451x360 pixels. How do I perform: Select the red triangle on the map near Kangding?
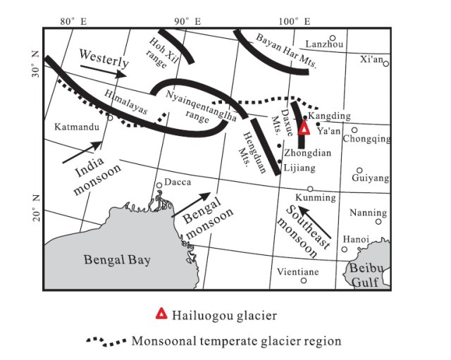tap(304, 128)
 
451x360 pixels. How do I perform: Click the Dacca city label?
tap(178, 182)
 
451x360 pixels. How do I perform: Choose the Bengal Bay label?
tap(117, 260)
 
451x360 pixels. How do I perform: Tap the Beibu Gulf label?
tap(366, 276)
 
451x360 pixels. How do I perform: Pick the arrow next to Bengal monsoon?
tap(192, 203)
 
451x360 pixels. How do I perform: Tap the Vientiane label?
tap(297, 271)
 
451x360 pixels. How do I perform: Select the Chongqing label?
tap(366, 139)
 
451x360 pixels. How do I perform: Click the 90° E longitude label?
tap(187, 22)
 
